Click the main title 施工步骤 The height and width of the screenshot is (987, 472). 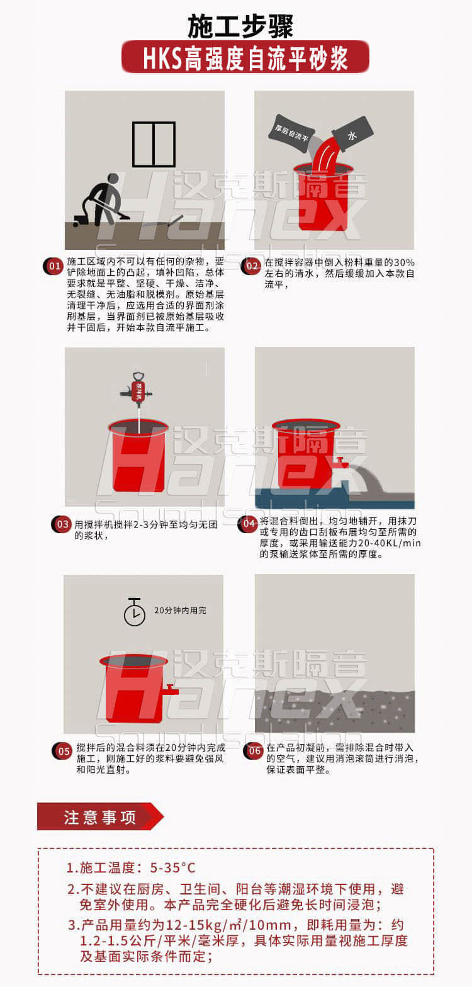tap(240, 26)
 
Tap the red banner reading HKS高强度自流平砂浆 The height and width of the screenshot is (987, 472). tap(245, 57)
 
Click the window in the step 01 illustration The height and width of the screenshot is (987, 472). tap(154, 144)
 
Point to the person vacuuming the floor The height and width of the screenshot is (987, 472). tap(102, 199)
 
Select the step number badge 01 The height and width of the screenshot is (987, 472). tap(53, 267)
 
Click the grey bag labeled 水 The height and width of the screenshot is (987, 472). tap(352, 133)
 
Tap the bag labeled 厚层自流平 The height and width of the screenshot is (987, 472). tap(291, 133)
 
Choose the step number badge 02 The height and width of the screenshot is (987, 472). tap(250, 267)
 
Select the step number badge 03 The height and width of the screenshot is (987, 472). tap(61, 524)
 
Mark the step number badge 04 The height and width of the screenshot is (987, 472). tap(248, 524)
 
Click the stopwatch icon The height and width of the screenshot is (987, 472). tap(135, 612)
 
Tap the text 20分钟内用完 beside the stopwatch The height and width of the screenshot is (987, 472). tap(180, 611)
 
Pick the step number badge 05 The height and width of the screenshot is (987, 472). tap(62, 752)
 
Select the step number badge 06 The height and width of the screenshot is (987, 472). tap(254, 751)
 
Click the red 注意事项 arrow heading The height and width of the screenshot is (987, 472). tap(101, 816)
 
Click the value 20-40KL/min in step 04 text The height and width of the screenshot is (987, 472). tap(390, 543)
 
